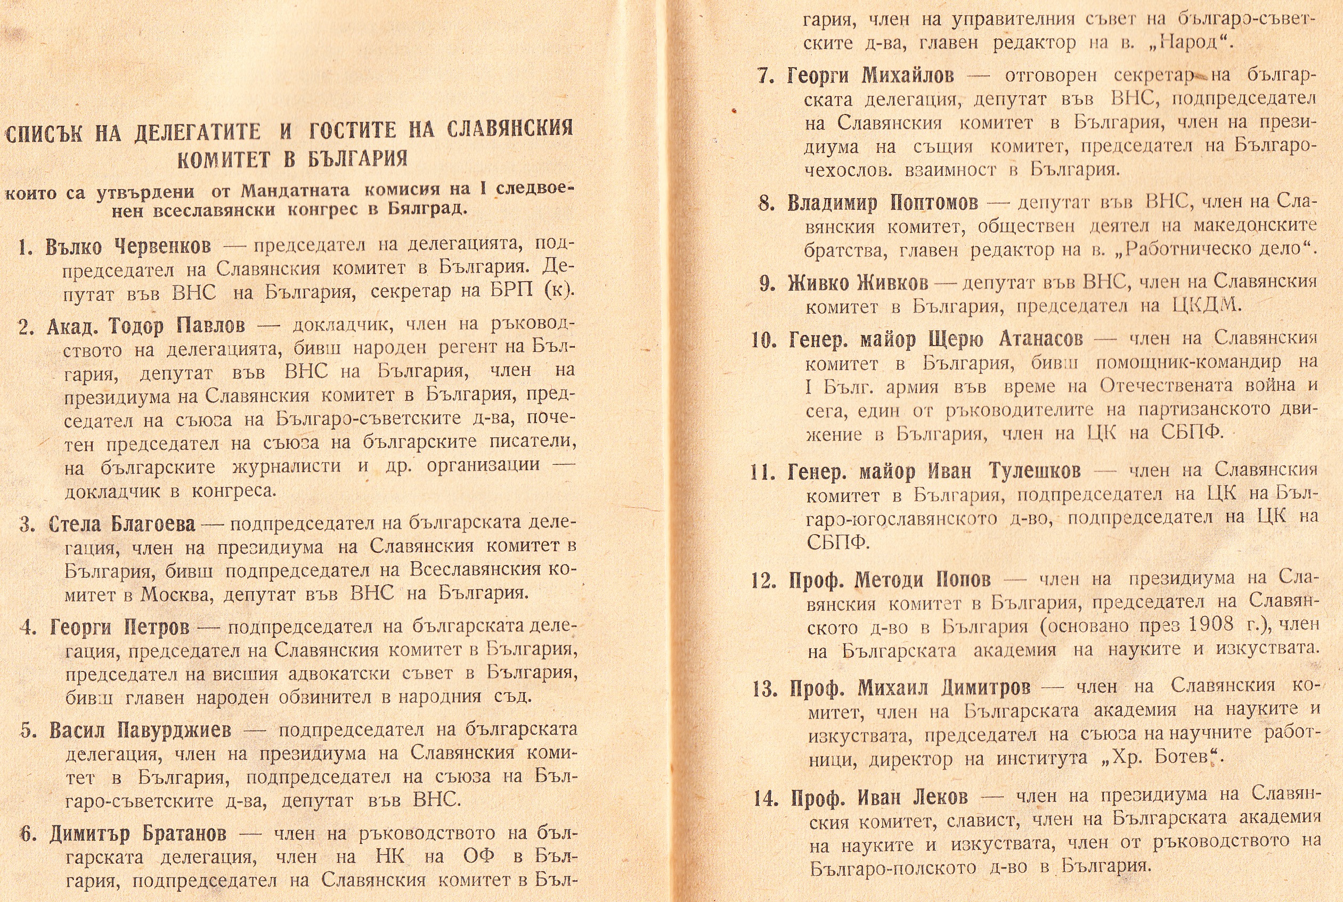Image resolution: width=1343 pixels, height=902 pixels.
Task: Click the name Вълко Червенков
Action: coord(128,246)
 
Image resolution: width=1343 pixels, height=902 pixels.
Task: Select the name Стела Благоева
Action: coord(122,524)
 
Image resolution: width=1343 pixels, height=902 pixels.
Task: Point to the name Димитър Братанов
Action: coord(137,833)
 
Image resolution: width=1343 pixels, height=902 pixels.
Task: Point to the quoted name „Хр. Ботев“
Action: coord(1170,758)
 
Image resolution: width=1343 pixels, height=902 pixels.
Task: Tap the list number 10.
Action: coord(764,341)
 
